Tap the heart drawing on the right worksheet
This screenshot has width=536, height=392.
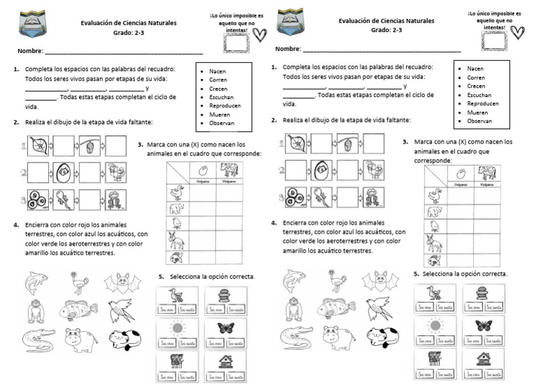point(517,33)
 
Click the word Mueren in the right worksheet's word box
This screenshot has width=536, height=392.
point(477,112)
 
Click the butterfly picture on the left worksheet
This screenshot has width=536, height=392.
point(225,329)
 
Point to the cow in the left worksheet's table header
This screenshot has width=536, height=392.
point(229,170)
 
